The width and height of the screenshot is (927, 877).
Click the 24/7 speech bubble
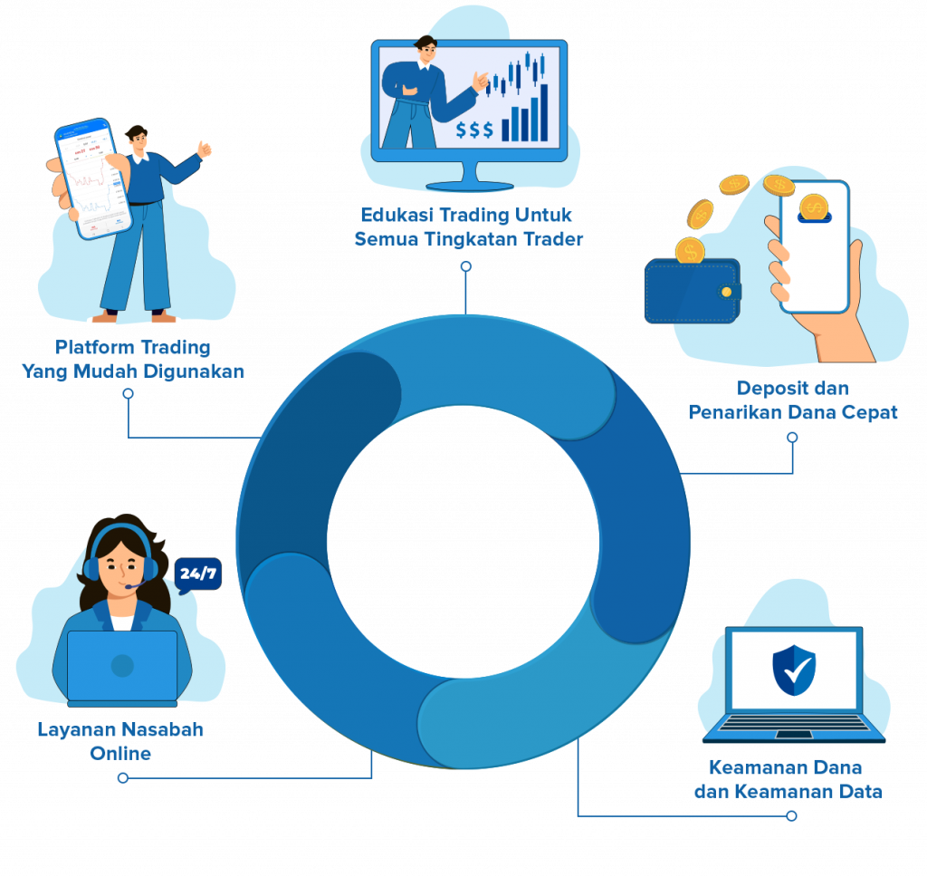point(197,573)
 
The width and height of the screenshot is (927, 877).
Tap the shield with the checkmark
point(794,670)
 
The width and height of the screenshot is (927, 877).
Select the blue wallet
point(691,291)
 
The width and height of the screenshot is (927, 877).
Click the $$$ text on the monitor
point(474,130)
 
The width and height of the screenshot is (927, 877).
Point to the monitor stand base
point(469,186)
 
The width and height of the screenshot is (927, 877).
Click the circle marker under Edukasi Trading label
point(466,266)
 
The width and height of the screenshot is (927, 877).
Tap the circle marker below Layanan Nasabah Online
point(123,777)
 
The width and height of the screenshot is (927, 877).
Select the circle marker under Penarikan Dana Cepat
point(793,437)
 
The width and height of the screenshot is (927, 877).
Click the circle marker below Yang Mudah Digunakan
point(128,394)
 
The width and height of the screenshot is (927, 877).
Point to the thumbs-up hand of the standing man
point(205,149)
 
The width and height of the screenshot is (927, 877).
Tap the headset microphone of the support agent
point(132,586)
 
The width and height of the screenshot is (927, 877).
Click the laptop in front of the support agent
point(122,668)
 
